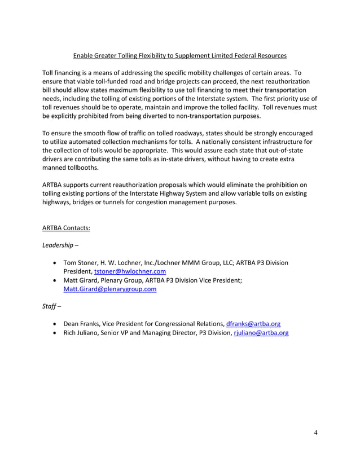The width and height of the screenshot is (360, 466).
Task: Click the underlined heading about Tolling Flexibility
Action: (x=180, y=56)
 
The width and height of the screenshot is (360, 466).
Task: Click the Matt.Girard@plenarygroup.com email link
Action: (x=109, y=289)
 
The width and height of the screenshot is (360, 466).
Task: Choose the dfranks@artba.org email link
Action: (x=253, y=324)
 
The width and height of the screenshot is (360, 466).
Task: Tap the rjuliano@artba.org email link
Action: (x=261, y=333)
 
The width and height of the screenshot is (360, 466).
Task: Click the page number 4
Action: (x=316, y=433)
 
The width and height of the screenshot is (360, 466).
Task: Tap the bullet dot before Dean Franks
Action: (x=53, y=324)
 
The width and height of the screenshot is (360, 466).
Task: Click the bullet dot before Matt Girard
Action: (x=53, y=280)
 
